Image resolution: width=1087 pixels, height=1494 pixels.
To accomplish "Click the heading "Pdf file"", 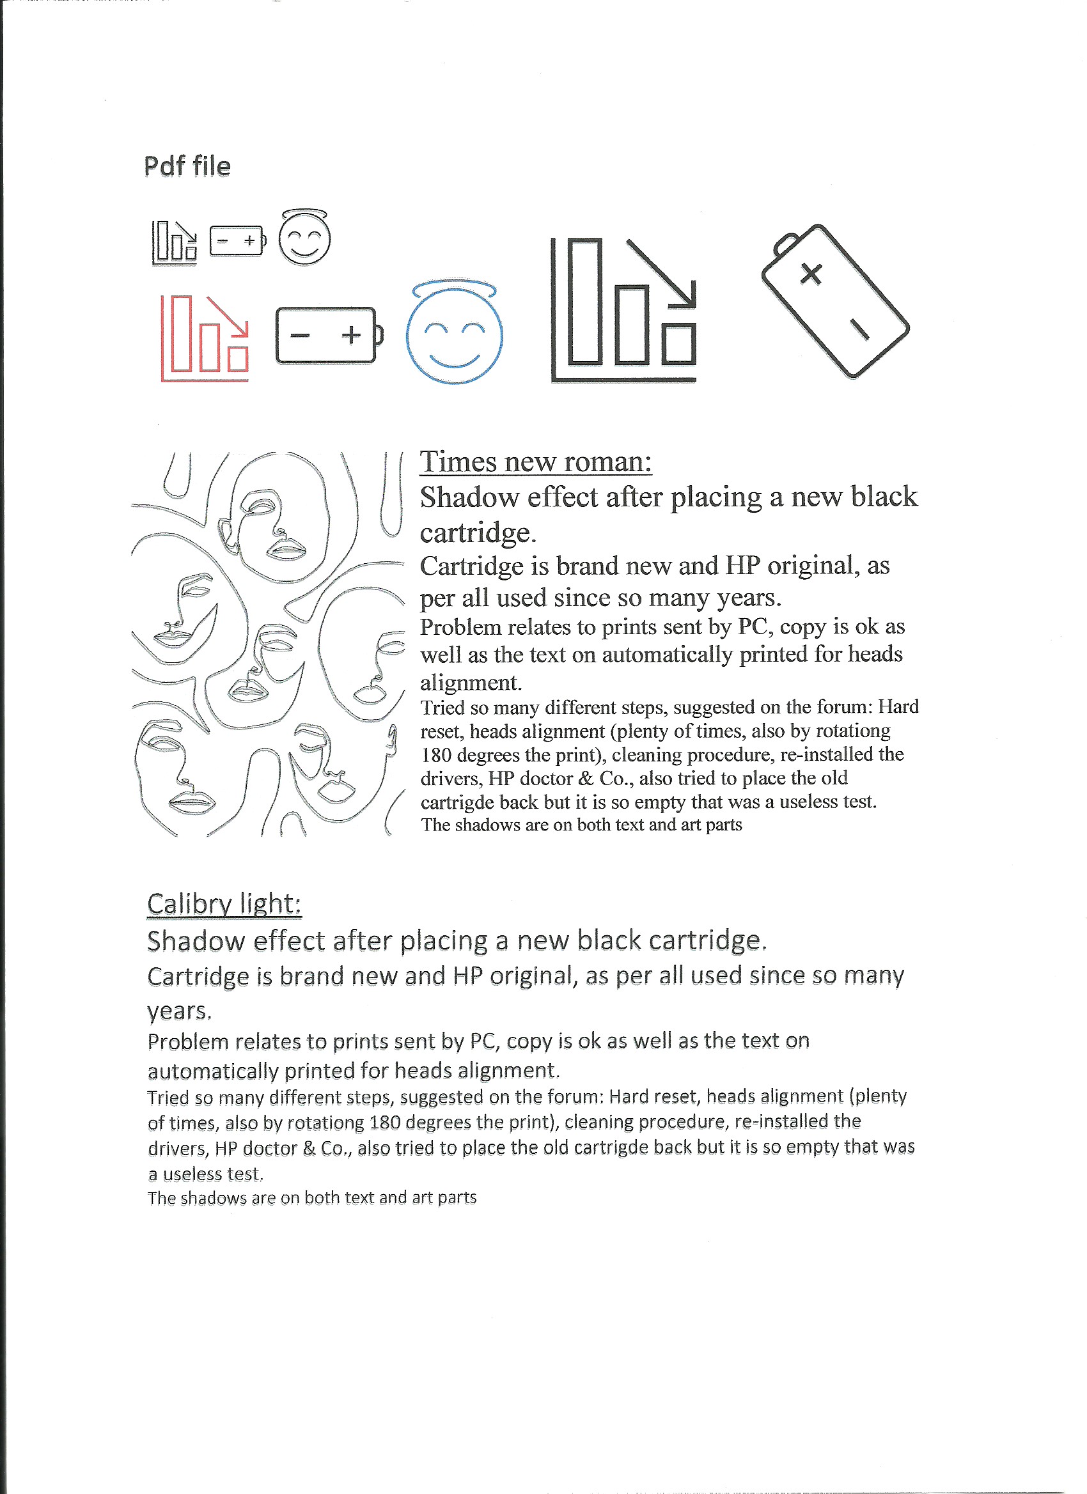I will (x=187, y=166).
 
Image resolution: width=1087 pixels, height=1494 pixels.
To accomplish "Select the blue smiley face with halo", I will (x=454, y=335).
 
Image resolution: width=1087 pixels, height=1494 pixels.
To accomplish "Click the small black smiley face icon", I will (x=304, y=238).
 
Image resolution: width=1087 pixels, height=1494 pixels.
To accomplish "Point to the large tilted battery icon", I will (x=834, y=301).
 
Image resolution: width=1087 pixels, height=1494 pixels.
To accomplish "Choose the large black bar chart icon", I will (x=624, y=309).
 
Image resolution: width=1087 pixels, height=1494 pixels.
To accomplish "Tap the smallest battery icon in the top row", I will (x=237, y=240).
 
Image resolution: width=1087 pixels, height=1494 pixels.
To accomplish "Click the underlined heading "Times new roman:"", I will (x=536, y=462).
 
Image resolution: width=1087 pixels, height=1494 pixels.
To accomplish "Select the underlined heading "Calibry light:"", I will (x=224, y=904).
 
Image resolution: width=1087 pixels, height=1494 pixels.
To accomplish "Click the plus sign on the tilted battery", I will (x=811, y=273).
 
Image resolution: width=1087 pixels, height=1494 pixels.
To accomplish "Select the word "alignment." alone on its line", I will (x=471, y=683).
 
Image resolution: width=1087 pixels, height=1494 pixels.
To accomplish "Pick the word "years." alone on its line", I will (x=179, y=1011).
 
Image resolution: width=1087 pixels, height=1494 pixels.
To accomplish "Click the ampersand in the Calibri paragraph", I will (x=309, y=1148).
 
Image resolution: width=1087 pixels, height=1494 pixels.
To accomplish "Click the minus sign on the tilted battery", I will (x=859, y=328).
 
